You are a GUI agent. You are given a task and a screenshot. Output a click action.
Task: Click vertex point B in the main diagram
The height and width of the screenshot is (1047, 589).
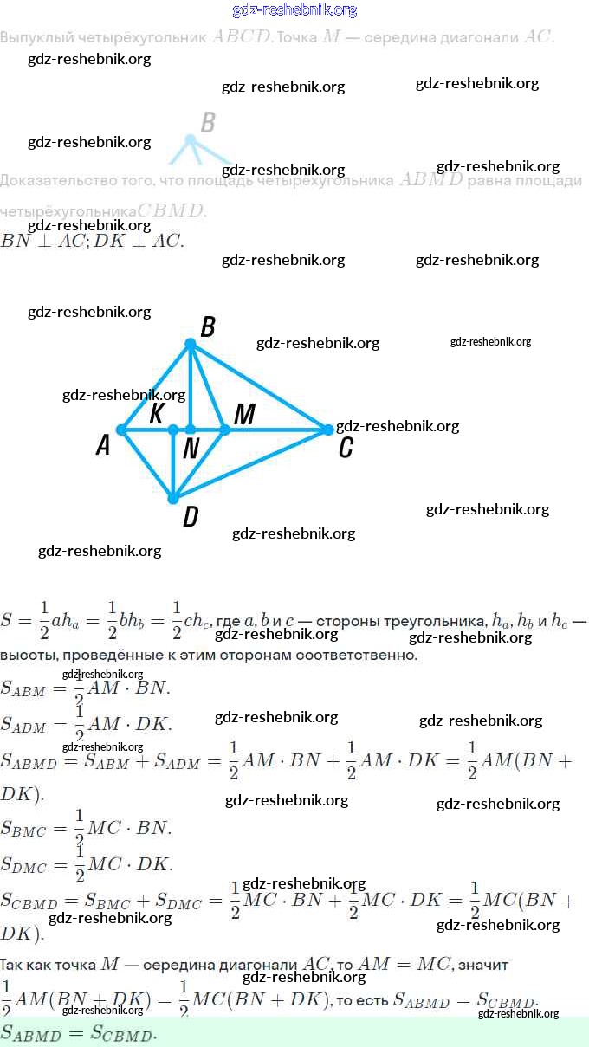[x=191, y=344]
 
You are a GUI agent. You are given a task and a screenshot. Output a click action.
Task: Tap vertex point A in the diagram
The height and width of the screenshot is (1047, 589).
[x=122, y=430]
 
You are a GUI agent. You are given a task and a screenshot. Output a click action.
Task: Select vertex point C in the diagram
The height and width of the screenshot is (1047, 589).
[x=327, y=430]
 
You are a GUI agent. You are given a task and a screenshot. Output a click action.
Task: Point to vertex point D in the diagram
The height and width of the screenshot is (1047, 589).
[x=173, y=499]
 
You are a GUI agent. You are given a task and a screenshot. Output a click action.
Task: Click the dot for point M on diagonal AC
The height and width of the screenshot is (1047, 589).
[x=224, y=430]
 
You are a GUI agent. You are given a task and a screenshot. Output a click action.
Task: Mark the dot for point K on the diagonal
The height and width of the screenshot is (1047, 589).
[x=173, y=430]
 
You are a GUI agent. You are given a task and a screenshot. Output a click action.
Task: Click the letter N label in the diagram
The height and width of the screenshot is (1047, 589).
[x=191, y=449]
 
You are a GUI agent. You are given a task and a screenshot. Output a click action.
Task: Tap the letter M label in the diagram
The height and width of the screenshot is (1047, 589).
[x=244, y=415]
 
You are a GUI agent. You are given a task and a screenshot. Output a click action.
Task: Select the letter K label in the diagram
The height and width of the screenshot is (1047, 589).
[x=157, y=414]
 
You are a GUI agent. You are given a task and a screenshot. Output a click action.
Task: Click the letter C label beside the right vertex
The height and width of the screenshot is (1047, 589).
[x=346, y=448]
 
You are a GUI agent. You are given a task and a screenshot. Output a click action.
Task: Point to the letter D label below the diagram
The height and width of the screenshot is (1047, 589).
[x=191, y=517]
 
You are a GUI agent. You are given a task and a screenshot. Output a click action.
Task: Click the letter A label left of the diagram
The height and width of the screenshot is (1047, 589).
[x=103, y=446]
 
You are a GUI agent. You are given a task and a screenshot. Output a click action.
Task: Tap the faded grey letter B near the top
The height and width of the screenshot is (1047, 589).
[x=208, y=123]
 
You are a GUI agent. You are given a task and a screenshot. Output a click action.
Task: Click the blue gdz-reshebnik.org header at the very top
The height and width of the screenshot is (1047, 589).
[x=294, y=10]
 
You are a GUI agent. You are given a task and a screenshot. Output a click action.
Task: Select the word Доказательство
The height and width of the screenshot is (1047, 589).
[x=53, y=180]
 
